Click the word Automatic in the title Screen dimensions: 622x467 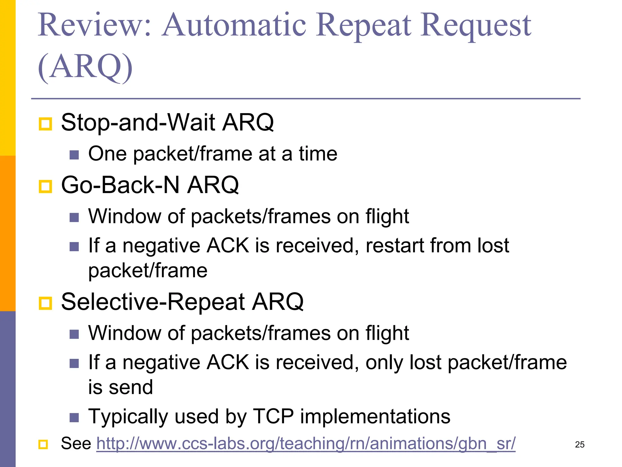pos(234,25)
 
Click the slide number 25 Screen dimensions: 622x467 pos(579,445)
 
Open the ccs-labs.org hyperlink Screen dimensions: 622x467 pos(306,444)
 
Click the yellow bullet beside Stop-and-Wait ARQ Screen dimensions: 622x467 pos(46,124)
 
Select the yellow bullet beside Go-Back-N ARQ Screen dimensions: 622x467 pos(46,186)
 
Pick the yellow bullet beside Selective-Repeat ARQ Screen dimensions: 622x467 pos(46,303)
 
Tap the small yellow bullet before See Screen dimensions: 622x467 pos(43,445)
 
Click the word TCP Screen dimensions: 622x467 pos(273,416)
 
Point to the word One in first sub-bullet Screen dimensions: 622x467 pos(107,154)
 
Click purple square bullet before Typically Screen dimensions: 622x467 pos(74,418)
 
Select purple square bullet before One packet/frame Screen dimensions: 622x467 pos(74,155)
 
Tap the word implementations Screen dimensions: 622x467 pos(375,416)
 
